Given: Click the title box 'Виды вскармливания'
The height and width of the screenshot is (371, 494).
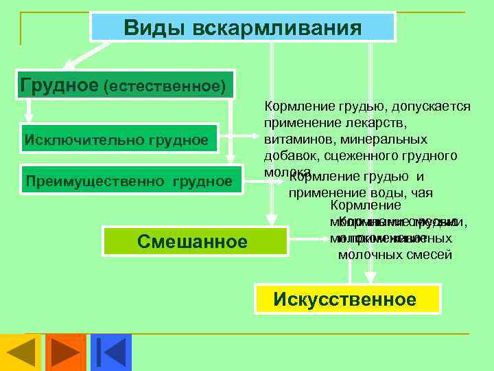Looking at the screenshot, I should coord(243,28).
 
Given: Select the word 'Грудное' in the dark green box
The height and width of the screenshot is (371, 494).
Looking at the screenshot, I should coord(60,85).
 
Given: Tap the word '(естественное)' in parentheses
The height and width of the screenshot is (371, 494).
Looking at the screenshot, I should coord(164,86).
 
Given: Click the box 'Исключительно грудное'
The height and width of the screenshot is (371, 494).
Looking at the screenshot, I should coord(117,140).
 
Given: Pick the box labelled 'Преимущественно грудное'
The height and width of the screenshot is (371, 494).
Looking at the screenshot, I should coord(128,181).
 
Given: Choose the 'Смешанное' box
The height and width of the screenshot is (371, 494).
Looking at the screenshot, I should coord(192,241).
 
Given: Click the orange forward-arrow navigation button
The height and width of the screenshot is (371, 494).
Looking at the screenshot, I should coord(66,352).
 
